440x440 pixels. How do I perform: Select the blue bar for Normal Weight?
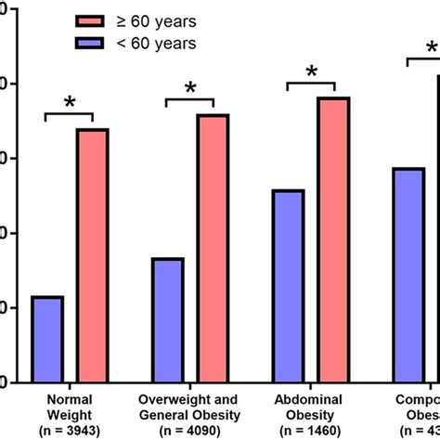47,339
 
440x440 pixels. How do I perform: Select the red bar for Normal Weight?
92,254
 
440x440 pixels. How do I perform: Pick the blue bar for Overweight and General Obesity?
167,319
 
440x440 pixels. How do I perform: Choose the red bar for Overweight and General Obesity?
213,247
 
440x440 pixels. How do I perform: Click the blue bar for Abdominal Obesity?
288,285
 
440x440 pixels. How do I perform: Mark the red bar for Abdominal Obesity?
333,239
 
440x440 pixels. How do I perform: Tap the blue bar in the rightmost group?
408,274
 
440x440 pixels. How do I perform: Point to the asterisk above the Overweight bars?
190,88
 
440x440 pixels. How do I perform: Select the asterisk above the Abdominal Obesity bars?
311,71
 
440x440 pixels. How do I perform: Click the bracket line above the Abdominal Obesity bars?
311,83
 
